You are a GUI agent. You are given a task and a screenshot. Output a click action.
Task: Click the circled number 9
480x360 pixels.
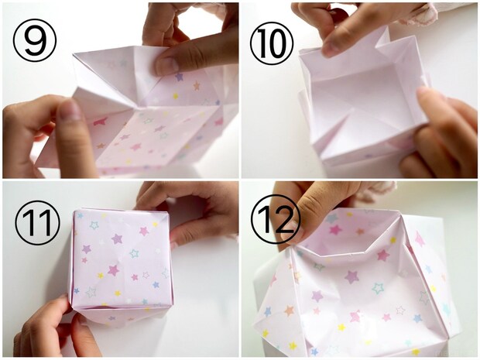point(35,40)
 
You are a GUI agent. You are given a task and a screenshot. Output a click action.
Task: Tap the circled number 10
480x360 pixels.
point(272,43)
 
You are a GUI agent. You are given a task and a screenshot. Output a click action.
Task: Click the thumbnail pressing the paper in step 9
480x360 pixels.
point(167,65)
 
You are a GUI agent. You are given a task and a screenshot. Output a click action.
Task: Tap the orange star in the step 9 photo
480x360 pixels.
point(196,86)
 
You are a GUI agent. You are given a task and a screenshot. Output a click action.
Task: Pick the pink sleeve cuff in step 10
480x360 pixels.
point(418,15)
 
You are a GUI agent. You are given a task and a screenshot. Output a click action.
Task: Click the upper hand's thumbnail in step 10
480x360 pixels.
point(330,48)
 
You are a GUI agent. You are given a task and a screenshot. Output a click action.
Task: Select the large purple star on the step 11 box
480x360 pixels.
point(117,238)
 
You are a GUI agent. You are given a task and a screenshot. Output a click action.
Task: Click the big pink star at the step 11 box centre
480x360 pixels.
point(113,270)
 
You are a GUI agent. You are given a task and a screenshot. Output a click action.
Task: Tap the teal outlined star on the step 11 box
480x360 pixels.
point(134,253)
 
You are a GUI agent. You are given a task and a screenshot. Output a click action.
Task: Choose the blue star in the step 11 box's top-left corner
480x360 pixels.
point(81,215)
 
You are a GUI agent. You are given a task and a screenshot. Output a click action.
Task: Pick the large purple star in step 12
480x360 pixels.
point(351,277)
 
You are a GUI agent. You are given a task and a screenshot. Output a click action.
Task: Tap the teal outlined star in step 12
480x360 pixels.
point(379,288)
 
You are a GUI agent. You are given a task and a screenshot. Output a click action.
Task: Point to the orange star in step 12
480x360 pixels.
point(290,310)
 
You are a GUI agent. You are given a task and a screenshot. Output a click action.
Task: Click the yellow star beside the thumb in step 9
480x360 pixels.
point(176,96)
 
